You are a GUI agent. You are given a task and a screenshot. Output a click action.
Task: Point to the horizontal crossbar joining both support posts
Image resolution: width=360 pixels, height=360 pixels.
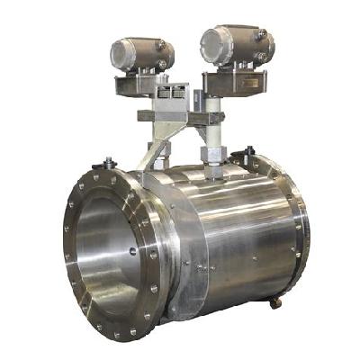pyautogui.click(x=180, y=116)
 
